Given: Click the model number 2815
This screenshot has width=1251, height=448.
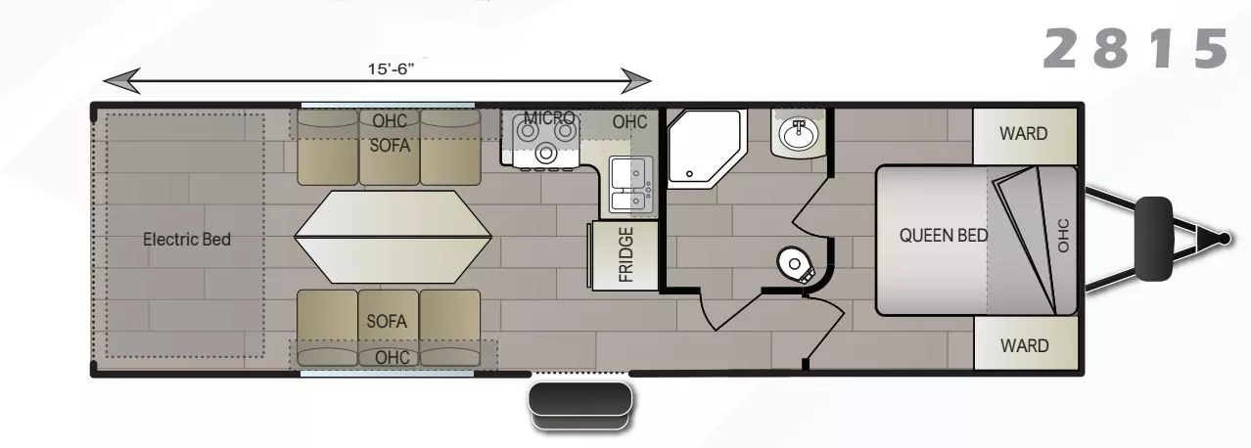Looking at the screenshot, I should pyautogui.click(x=1135, y=49).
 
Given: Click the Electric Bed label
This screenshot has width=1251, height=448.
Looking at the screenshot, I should pyautogui.click(x=187, y=239).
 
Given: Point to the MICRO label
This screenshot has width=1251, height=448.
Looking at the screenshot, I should pyautogui.click(x=549, y=118).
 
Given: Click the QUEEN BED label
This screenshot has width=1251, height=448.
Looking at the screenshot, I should pyautogui.click(x=943, y=235).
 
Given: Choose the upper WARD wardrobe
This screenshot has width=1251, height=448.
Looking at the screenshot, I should pyautogui.click(x=1023, y=133).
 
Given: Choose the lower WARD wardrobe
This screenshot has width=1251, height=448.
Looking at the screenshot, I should pyautogui.click(x=1023, y=345).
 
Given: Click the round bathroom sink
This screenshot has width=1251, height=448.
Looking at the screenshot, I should pyautogui.click(x=799, y=131).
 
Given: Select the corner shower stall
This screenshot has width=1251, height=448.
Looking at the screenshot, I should pyautogui.click(x=703, y=147).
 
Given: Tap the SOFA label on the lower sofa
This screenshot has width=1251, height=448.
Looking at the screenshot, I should pyautogui.click(x=387, y=321).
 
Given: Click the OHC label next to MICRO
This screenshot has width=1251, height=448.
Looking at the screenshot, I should pyautogui.click(x=629, y=122).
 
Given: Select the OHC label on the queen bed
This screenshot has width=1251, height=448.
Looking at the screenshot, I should pyautogui.click(x=1063, y=235).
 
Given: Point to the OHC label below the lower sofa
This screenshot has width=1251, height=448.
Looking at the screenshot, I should pyautogui.click(x=393, y=358).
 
